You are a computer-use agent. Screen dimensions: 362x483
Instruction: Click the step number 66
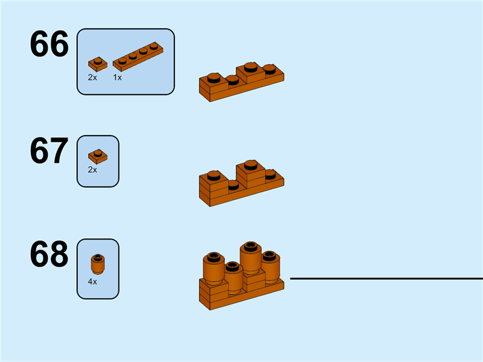click(50, 45)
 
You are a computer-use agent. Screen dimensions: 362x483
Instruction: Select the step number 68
click(50, 255)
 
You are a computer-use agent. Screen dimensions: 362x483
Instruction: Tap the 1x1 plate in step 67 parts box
click(97, 156)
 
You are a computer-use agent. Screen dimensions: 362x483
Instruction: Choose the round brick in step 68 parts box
click(97, 263)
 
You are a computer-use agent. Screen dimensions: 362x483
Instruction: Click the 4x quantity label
click(92, 281)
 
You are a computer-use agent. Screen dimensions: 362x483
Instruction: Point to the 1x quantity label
click(117, 77)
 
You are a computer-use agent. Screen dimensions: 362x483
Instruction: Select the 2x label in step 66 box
click(92, 77)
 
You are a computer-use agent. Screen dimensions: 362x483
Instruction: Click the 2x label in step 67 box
click(92, 170)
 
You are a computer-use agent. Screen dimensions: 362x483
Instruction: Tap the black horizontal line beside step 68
click(386, 279)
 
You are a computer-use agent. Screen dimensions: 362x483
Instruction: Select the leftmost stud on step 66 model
click(213, 77)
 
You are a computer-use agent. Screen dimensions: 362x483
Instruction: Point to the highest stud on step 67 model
click(251, 163)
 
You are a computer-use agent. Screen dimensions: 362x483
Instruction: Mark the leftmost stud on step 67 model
click(213, 176)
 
